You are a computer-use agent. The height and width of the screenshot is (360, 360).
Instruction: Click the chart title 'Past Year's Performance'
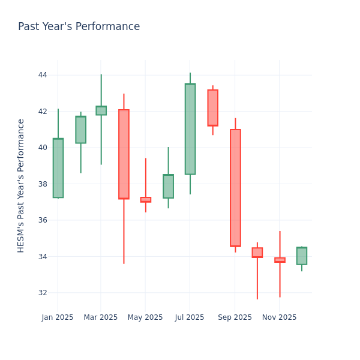point(79,27)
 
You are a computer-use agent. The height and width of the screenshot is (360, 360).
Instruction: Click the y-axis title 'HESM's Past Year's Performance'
point(21,185)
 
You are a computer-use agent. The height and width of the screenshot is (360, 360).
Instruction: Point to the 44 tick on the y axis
point(43,75)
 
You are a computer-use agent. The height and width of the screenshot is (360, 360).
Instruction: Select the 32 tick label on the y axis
point(43,293)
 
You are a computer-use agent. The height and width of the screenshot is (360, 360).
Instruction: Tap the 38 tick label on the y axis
point(43,184)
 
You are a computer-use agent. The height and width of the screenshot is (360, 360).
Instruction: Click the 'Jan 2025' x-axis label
point(58,317)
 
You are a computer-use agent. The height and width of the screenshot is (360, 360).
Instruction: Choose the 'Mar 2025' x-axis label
point(101,317)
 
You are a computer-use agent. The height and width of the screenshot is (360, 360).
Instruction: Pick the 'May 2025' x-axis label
point(145,317)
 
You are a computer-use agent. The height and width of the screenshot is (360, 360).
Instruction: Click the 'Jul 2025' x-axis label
point(190,317)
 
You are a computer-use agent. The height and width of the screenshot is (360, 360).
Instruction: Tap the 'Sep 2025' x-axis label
point(235,317)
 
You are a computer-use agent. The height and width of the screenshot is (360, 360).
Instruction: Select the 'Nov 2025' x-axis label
point(279,317)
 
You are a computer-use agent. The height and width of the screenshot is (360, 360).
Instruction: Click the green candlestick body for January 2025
point(58,168)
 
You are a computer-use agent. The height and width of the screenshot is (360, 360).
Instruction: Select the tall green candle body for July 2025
point(190,129)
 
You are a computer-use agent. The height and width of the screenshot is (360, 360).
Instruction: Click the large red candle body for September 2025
point(235,188)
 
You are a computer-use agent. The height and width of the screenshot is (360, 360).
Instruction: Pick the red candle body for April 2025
point(124,154)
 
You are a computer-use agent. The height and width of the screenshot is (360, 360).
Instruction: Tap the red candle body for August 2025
point(212,108)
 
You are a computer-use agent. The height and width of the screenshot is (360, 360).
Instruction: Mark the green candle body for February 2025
point(80,130)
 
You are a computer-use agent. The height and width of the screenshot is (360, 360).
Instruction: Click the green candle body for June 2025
point(168,187)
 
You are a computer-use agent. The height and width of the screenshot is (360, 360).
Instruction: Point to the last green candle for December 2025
point(302,256)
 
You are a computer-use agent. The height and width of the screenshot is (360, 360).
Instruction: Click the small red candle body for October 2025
point(257,253)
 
